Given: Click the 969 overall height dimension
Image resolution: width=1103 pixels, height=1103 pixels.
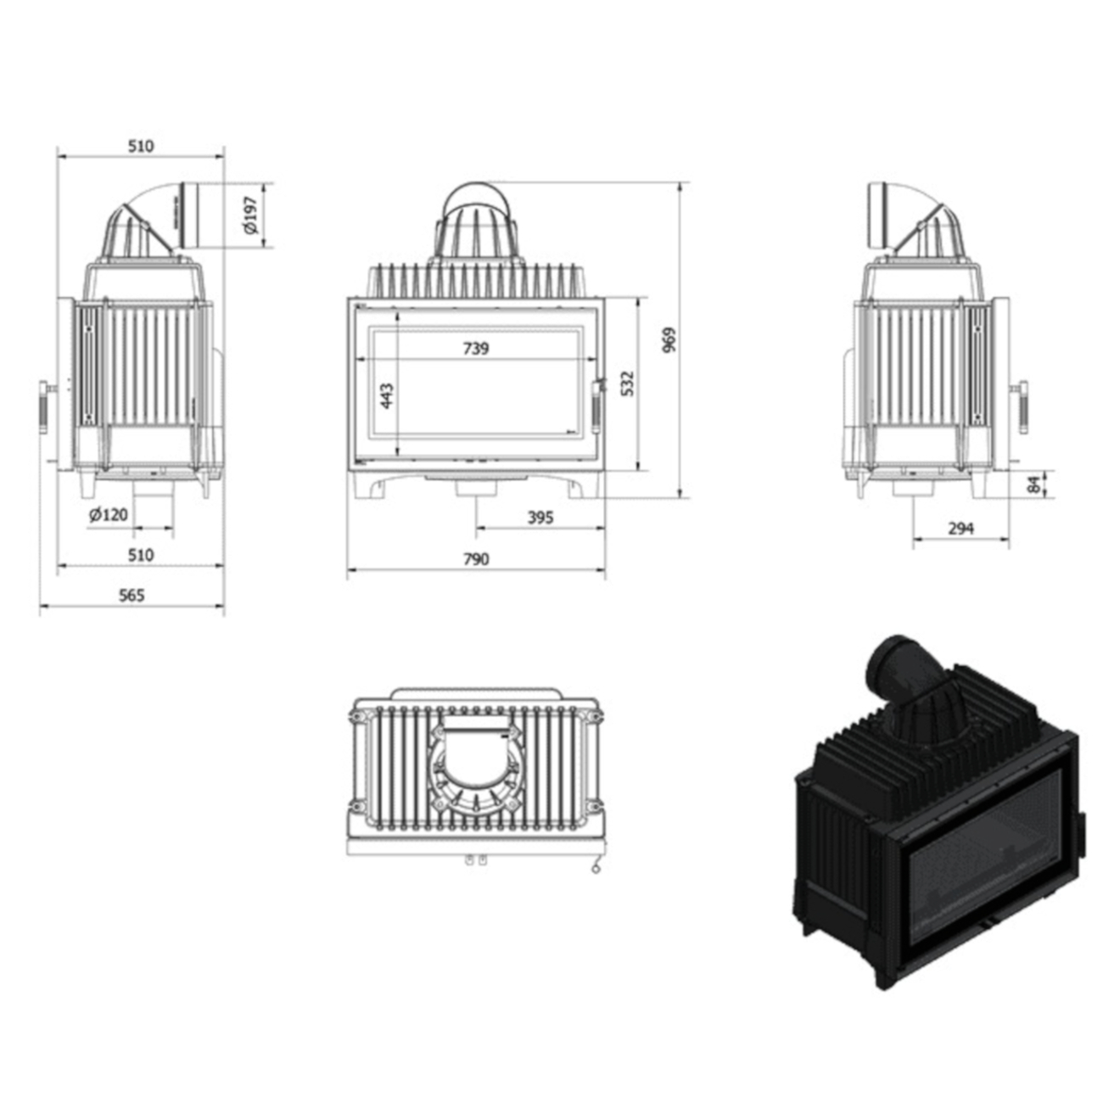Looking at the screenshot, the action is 669,339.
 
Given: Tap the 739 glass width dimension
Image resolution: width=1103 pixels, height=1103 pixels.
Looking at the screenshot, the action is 476,348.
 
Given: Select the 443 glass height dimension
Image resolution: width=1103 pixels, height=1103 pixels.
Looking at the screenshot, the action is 387,395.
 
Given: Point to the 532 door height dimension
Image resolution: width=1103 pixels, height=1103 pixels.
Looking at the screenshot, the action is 628,384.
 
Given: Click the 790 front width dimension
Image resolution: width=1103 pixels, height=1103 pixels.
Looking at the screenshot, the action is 476,558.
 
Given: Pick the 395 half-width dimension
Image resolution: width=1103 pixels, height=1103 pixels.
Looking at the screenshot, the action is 540,518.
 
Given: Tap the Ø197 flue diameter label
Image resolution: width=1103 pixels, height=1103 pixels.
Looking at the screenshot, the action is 251,216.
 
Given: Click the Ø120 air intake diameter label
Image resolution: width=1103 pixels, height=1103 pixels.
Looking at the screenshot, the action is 109,514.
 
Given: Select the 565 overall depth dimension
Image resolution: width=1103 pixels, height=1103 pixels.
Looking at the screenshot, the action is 132,596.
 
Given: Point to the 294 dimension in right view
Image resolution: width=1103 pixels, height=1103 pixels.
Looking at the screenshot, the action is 960,529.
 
